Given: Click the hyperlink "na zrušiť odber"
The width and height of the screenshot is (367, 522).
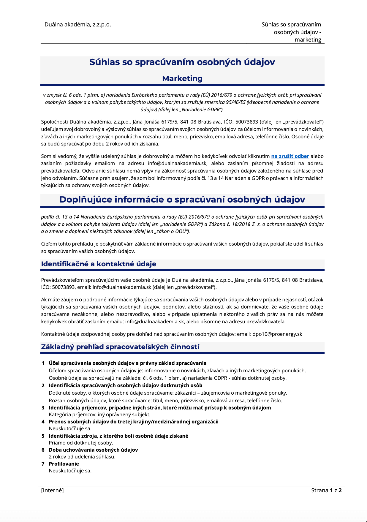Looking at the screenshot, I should coord(290,156).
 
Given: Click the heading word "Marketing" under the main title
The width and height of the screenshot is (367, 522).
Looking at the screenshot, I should coord(182,78).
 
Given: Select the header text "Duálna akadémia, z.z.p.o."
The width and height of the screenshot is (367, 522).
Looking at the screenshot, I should coord(78,25).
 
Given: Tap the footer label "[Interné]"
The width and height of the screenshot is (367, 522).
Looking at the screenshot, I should coord(52,490).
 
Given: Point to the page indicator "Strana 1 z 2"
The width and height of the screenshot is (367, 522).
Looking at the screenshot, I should coord(326,490).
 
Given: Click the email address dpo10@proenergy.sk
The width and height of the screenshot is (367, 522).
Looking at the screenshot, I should coord(277,334).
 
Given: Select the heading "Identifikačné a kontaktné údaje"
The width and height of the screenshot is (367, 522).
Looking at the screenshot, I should coord(99,264).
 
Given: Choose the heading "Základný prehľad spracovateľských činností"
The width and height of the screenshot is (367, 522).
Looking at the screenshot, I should coord(120,347).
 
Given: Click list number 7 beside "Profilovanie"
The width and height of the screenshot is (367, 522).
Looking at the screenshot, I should coord(43,464).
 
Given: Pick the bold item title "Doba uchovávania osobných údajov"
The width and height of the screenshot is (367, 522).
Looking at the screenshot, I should coord(93,450).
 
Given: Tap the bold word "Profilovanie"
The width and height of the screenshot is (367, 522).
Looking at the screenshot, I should coord(64,464).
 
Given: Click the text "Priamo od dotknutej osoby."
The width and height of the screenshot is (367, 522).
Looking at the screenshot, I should coord(81,443).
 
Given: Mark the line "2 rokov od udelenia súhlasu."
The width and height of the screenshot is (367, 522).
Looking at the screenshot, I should coord(82,457).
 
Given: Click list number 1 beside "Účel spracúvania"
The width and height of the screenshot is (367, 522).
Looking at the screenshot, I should coord(43,363).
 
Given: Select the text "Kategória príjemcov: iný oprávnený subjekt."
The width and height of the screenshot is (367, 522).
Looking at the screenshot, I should coord(99,415).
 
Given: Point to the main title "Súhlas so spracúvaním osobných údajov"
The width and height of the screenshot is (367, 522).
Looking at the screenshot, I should coord(182,62).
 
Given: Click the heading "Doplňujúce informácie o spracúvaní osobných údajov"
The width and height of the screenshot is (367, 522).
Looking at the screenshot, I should coord(182,200).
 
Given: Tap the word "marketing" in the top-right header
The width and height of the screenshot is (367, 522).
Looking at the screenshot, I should coord(308,40).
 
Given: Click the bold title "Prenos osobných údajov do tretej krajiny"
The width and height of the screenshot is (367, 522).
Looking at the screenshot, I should coord(134,422).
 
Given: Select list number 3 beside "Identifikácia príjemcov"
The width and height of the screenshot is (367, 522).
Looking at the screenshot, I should coord(43,408).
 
